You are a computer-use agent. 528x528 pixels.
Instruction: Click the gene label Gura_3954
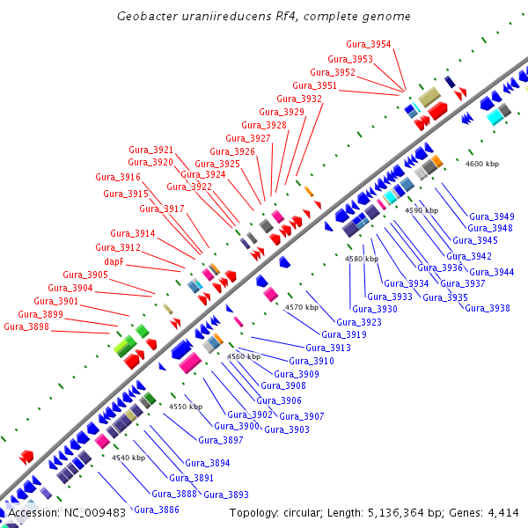[369, 44]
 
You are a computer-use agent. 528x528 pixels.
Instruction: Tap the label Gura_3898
[26, 326]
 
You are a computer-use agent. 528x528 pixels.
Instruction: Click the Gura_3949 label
[492, 216]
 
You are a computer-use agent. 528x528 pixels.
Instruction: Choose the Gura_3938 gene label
[487, 308]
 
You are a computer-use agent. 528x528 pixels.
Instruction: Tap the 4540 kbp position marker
[128, 458]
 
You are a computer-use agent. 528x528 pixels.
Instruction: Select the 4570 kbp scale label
[301, 307]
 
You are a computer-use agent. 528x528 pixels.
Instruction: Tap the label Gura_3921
[151, 150]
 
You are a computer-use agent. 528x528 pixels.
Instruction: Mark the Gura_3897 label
[221, 440]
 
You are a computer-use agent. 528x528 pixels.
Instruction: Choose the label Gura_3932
[299, 99]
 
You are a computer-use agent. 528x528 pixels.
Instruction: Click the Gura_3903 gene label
[287, 429]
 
